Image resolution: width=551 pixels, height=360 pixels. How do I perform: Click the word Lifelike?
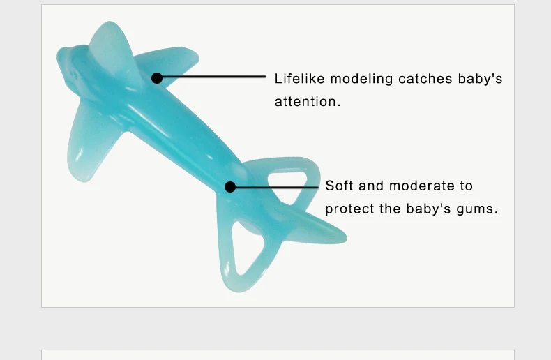pyautogui.click(x=299, y=78)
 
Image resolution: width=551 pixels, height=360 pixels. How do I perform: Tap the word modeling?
pyautogui.click(x=361, y=80)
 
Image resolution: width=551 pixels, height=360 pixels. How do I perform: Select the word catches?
pyautogui.click(x=425, y=79)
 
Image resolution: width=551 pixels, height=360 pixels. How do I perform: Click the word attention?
pyautogui.click(x=308, y=102)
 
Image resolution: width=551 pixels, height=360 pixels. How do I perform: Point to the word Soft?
pyautogui.click(x=339, y=186)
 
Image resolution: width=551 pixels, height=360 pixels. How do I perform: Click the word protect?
pyautogui.click(x=349, y=209)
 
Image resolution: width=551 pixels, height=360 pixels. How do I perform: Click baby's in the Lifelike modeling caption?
pyautogui.click(x=480, y=79)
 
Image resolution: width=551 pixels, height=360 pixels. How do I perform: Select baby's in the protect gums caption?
pyautogui.click(x=428, y=209)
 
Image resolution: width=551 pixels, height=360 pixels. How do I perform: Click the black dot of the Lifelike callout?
pyautogui.click(x=157, y=78)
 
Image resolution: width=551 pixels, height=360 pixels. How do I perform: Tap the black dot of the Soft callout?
pyautogui.click(x=230, y=187)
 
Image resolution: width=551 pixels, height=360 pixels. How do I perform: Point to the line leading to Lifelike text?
pyautogui.click(x=213, y=76)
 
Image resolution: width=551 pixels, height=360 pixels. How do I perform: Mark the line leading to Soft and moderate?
pyautogui.click(x=277, y=188)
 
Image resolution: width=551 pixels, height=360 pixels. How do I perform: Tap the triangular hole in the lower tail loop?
pyautogui.click(x=246, y=246)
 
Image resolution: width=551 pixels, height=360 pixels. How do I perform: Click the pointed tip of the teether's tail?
pyautogui.click(x=345, y=239)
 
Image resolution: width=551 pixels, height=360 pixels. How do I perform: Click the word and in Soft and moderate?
pyautogui.click(x=371, y=186)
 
